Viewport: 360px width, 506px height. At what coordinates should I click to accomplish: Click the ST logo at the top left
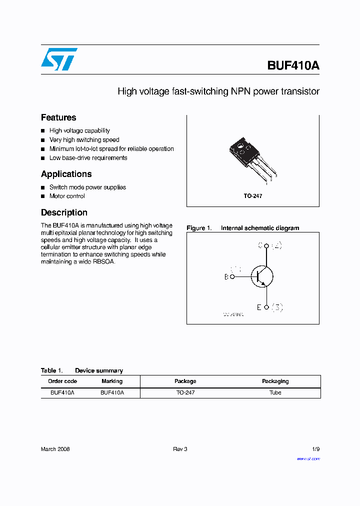point(59,59)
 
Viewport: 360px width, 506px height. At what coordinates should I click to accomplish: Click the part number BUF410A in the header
point(293,65)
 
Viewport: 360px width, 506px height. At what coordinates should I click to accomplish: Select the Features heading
point(58,117)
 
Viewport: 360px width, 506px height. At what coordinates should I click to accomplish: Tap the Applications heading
point(66,174)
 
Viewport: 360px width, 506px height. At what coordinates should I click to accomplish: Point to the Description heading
point(64,212)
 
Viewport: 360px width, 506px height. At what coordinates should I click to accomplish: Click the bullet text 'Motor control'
point(67,196)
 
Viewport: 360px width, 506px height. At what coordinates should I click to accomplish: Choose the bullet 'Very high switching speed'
point(84,140)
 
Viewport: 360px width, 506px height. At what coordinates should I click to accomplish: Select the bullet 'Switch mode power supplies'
point(87,187)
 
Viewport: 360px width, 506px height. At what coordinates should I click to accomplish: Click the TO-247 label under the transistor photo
point(252,196)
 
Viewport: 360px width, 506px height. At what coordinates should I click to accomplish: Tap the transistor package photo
point(247,156)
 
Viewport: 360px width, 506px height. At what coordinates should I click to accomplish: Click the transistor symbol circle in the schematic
point(262,276)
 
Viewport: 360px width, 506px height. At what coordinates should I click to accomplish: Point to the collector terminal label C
point(260,245)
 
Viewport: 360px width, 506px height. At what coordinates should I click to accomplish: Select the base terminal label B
point(226,276)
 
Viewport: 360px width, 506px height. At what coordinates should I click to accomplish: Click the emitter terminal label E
point(259,307)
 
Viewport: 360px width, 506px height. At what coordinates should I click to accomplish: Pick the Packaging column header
point(275,381)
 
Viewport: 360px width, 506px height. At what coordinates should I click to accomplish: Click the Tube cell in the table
point(275,392)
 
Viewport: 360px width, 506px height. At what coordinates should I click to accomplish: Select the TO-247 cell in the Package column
point(185,392)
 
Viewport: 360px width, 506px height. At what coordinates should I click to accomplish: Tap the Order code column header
point(62,381)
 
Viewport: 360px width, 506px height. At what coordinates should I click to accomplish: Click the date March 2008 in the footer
point(55,449)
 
